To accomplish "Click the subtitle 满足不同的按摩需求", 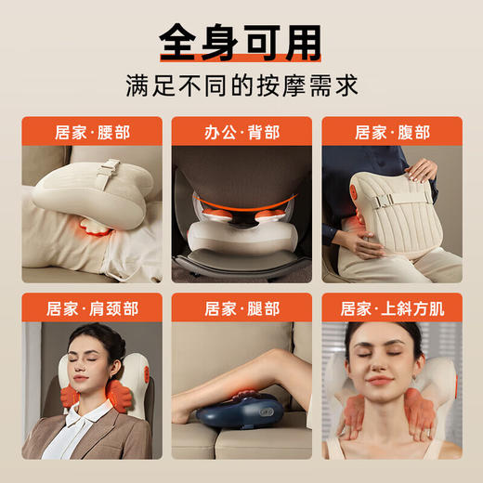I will point(241,85).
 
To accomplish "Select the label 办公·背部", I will point(241,131).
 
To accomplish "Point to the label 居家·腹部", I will point(392,131).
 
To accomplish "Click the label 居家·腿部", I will point(241,308).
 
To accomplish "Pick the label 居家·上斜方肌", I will point(392,308).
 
